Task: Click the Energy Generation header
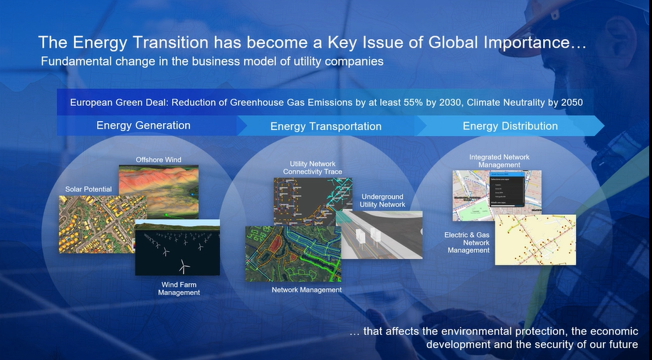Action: pyautogui.click(x=143, y=125)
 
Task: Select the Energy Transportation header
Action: pyautogui.click(x=325, y=126)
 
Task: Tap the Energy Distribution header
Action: pyautogui.click(x=510, y=126)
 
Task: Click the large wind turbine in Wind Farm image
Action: pyautogui.click(x=184, y=265)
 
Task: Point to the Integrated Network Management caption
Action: pyautogui.click(x=499, y=161)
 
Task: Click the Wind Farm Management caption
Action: pyautogui.click(x=179, y=288)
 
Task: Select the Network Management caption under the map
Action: pyautogui.click(x=307, y=290)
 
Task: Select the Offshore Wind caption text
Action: pyautogui.click(x=158, y=159)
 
